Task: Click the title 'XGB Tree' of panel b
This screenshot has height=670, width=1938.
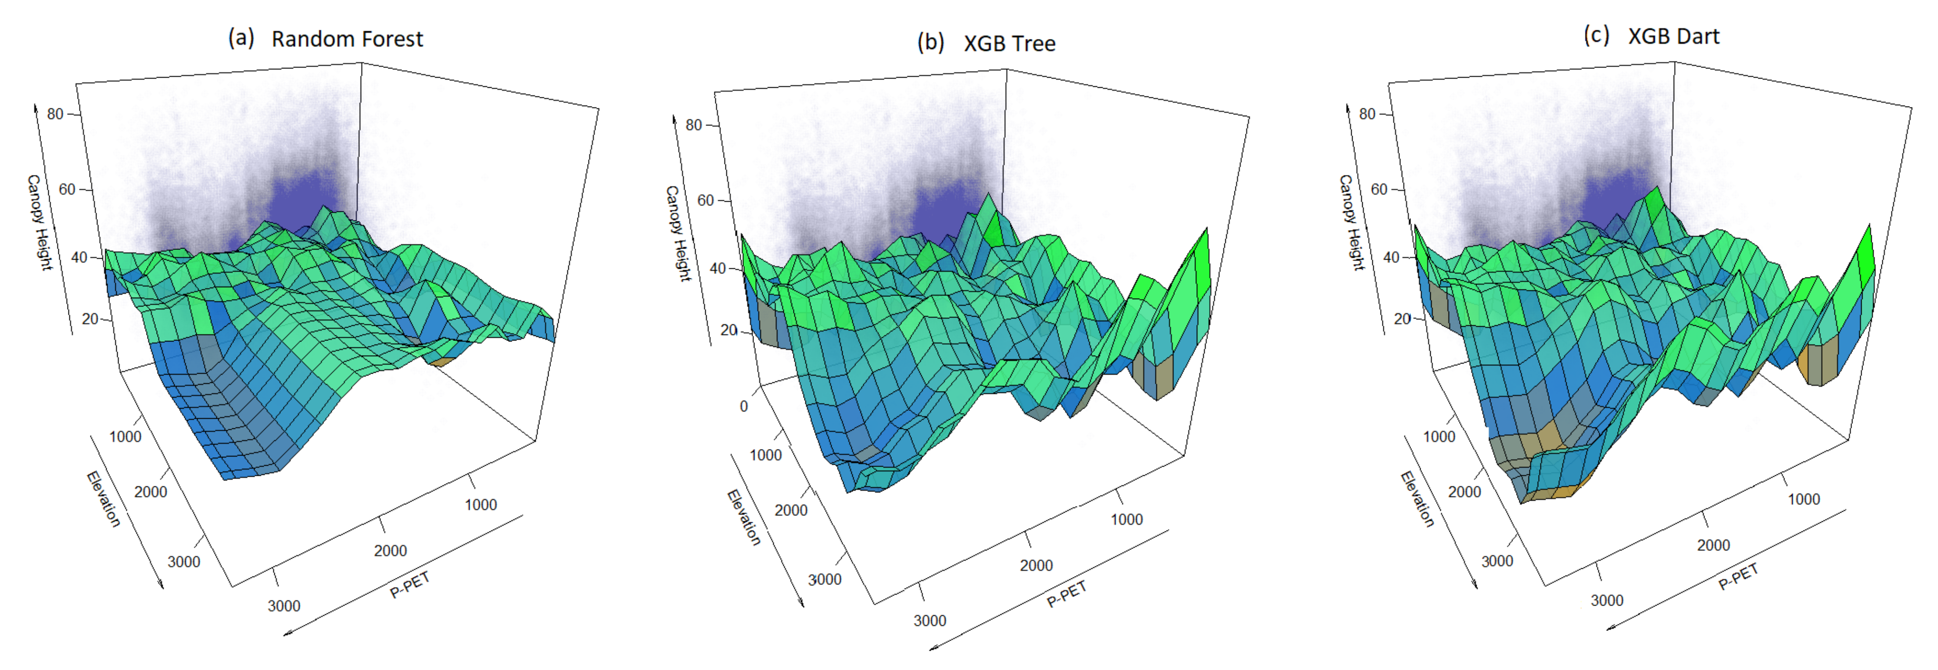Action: pos(1010,43)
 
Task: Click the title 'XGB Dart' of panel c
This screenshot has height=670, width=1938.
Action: pos(1673,36)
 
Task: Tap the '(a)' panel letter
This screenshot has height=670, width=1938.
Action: pos(241,38)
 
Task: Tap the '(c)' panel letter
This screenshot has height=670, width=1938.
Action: pos(1597,36)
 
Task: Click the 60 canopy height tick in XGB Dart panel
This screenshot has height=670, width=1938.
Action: pos(1378,189)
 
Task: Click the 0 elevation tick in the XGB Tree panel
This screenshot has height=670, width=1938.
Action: pos(744,406)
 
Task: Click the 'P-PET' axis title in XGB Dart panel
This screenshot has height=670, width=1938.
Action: pos(1739,577)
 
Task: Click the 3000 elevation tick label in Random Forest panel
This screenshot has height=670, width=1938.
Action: pos(183,562)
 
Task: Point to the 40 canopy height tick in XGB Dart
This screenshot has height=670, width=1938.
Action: pos(1391,257)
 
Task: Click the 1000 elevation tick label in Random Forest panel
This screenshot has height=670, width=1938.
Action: pos(125,437)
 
